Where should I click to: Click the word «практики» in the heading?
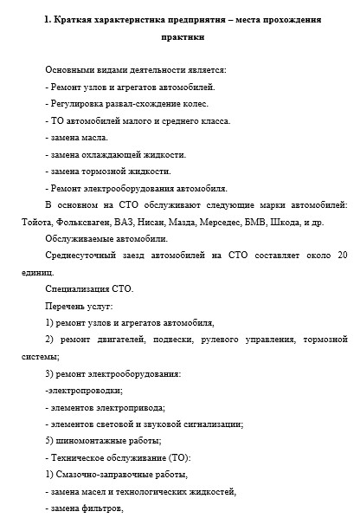pos(183,38)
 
